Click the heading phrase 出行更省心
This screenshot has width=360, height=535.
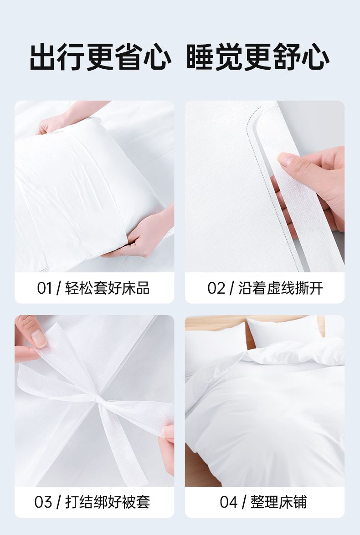click(100, 57)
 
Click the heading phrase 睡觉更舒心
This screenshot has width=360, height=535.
click(258, 57)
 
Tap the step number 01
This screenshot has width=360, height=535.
click(44, 288)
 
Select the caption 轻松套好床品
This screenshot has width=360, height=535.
click(107, 288)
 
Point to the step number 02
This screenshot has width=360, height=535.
click(216, 288)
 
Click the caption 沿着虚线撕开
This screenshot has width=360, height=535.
click(280, 288)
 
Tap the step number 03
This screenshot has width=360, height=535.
click(43, 502)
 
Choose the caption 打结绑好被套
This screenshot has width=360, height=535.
click(108, 502)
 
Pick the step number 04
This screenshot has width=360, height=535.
click(228, 502)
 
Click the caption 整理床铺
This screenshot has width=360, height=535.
click(279, 502)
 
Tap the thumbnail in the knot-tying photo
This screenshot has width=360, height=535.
click(39, 338)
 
